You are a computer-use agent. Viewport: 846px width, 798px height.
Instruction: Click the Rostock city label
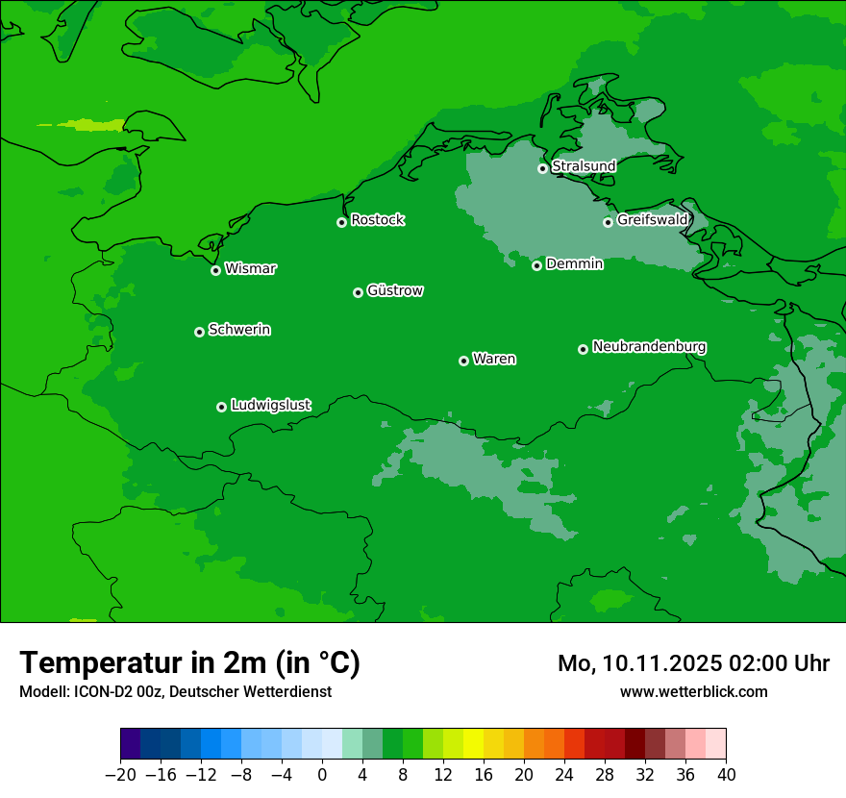pos(377,220)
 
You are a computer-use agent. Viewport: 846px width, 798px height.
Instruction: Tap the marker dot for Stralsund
pos(542,168)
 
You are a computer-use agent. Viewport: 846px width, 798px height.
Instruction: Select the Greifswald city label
pos(652,220)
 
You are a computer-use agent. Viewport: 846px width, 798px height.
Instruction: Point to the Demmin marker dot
pos(536,265)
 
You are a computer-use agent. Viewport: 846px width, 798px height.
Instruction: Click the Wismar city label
pos(250,269)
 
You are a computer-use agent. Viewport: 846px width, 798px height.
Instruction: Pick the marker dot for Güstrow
pos(358,292)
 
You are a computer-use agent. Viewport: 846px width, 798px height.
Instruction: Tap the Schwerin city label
pos(239,330)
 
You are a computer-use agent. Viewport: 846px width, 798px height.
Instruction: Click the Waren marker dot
pos(463,361)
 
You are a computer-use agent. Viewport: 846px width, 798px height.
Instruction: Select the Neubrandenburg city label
pos(649,347)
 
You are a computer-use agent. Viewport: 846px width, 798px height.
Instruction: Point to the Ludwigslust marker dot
pos(221,407)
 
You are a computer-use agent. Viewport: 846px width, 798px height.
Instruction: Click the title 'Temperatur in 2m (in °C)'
pos(189,663)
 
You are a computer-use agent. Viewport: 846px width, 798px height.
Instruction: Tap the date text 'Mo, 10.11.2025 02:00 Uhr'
pos(693,663)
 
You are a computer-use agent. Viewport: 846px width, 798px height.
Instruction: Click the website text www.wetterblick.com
pos(693,691)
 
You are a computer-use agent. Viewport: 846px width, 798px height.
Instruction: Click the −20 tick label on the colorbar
pos(120,775)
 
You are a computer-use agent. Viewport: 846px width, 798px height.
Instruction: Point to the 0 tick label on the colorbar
pos(322,775)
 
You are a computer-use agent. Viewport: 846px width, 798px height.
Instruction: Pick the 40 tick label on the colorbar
pos(726,775)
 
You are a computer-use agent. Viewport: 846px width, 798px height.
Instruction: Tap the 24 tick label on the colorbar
pos(564,775)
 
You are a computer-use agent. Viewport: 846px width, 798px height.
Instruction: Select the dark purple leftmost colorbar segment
pos(131,744)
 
